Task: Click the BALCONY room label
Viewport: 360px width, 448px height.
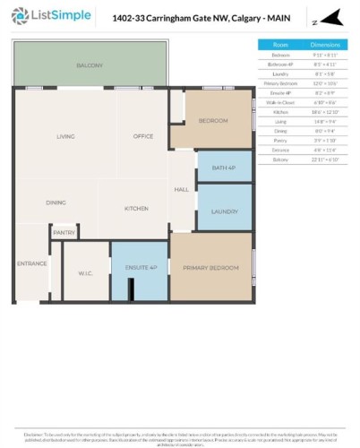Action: (90, 65)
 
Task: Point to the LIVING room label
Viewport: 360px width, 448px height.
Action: (65, 136)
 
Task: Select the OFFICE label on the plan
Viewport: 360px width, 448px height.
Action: (143, 136)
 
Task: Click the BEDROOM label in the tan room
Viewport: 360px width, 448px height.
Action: (213, 120)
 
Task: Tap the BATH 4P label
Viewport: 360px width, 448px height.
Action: (223, 168)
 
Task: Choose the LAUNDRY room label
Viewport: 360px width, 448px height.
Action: (224, 211)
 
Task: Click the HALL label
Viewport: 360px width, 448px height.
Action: (181, 190)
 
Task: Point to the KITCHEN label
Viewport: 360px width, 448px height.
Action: (136, 208)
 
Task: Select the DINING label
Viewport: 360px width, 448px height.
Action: (56, 202)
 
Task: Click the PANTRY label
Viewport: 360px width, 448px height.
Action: (64, 233)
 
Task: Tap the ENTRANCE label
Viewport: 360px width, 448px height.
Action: (31, 263)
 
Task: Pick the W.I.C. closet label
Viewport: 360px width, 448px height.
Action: (86, 272)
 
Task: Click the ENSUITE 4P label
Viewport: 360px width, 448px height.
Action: (141, 268)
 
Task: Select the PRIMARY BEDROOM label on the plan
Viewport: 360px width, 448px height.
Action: (210, 268)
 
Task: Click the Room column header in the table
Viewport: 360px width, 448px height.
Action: (280, 44)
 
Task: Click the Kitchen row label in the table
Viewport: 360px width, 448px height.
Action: (280, 111)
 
